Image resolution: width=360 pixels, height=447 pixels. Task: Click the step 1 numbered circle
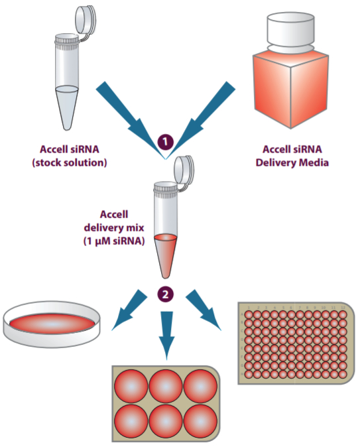[164, 141]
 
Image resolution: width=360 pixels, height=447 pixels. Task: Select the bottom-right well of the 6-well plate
[200, 419]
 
